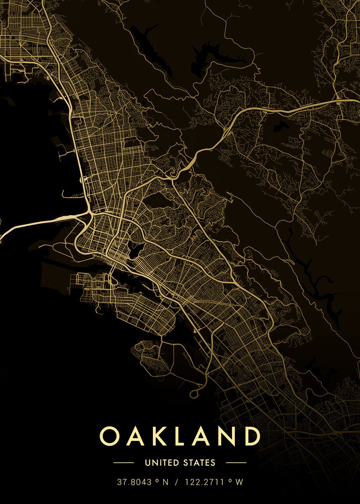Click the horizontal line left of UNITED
point(124,463)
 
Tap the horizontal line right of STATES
point(236,463)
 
